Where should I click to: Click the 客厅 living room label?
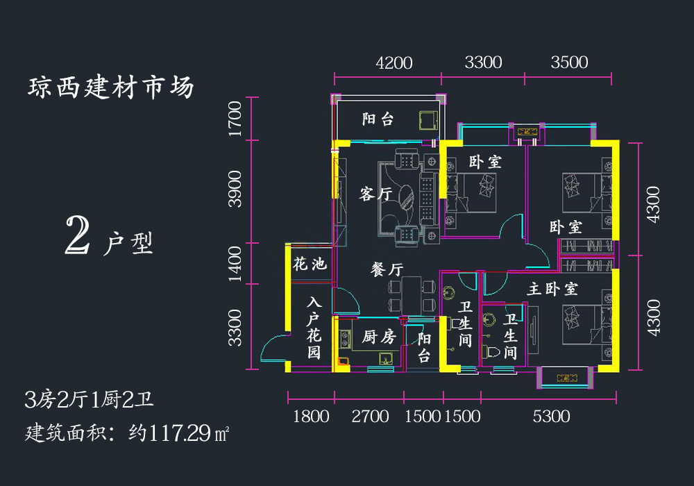point(375,194)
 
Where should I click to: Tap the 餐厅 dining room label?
point(387,269)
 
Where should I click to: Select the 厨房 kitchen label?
point(379,337)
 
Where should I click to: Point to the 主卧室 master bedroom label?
point(552,289)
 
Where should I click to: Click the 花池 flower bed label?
point(310,265)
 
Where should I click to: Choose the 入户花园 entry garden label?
point(314,328)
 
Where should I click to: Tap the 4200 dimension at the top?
point(394,63)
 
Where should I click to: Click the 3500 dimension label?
point(569,62)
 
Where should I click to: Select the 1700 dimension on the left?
point(235,119)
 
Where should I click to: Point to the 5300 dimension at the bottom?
point(551,417)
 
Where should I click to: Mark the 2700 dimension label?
point(370,417)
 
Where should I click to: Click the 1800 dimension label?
point(311,417)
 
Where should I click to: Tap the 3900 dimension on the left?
point(235,189)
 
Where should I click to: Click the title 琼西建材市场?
point(111,87)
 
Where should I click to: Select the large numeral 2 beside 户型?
point(78,235)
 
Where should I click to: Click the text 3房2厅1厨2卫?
point(89,400)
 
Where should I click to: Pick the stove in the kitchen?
point(344,340)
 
